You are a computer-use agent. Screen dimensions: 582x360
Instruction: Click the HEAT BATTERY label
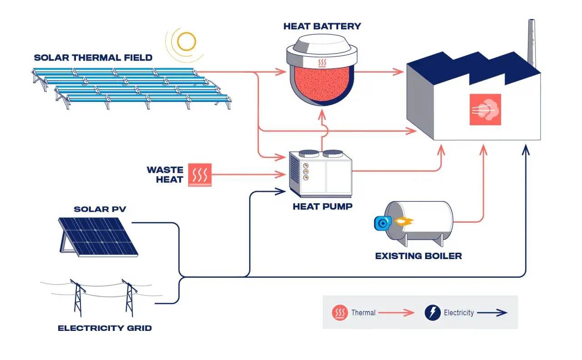click(x=322, y=26)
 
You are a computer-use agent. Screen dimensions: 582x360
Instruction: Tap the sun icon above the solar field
click(x=186, y=41)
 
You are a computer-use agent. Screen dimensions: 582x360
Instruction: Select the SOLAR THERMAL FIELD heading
click(x=93, y=58)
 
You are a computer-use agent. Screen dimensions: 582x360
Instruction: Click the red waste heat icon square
click(x=200, y=175)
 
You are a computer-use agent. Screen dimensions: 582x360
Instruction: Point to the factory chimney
click(x=532, y=43)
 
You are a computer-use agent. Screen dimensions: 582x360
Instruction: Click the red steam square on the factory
click(x=485, y=110)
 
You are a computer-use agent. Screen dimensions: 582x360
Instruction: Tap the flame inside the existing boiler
click(x=404, y=221)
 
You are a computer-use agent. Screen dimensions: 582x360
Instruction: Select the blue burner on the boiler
click(x=383, y=223)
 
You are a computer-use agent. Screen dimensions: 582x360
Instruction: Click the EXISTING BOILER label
click(x=419, y=256)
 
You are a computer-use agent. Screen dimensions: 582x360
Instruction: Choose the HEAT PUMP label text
click(x=322, y=206)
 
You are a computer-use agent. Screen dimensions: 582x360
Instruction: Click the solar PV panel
click(x=98, y=237)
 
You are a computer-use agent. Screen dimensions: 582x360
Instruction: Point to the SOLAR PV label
click(x=100, y=210)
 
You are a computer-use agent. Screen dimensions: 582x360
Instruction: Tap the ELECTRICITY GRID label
click(x=105, y=328)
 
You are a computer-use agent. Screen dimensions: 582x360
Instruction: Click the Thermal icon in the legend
click(x=340, y=312)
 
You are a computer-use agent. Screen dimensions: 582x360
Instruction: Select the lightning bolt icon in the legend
click(x=432, y=312)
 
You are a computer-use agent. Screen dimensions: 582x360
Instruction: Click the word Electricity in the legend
click(x=459, y=312)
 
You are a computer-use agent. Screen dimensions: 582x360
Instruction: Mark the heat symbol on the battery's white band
click(x=322, y=63)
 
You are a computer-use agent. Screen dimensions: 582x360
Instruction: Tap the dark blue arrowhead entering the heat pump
click(x=281, y=191)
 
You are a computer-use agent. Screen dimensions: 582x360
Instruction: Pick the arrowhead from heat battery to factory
click(x=398, y=72)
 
